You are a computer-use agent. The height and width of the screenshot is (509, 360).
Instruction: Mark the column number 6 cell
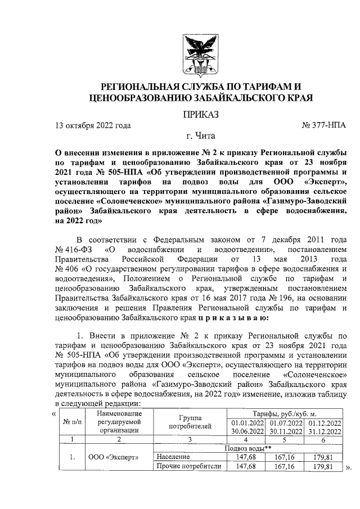coord(323,439)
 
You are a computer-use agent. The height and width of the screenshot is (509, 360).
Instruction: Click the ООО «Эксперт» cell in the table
coord(118,457)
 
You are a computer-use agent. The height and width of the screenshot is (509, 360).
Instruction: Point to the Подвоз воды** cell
coord(248,448)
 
